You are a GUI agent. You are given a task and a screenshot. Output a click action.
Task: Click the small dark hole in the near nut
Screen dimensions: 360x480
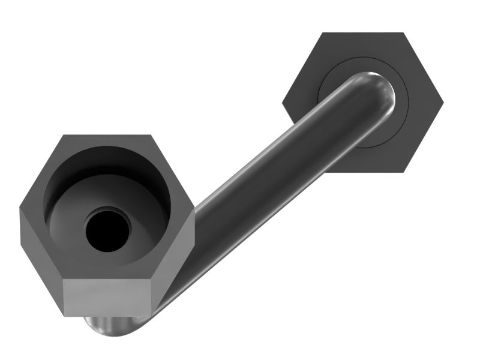click(x=108, y=230)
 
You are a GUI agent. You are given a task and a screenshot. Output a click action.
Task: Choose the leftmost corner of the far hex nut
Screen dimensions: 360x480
click(x=283, y=103)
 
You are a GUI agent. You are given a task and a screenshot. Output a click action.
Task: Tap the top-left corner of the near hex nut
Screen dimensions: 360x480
click(x=62, y=135)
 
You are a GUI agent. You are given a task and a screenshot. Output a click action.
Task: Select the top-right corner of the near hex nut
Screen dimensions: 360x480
click(x=151, y=135)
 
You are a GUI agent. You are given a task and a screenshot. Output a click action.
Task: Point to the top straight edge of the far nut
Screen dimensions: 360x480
click(x=363, y=34)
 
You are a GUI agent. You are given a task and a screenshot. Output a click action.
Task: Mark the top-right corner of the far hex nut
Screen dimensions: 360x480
click(x=409, y=33)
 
